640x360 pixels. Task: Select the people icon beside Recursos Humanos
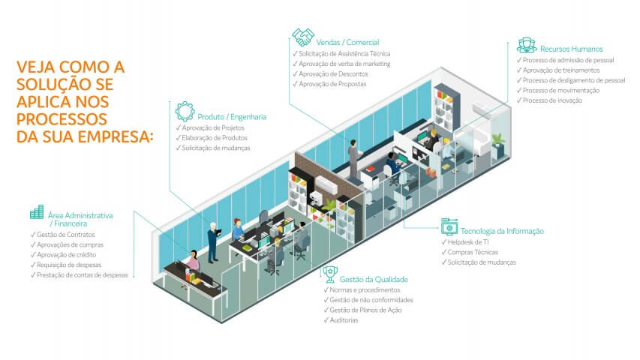526,44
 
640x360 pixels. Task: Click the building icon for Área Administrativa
36,213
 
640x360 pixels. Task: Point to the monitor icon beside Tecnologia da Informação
449,226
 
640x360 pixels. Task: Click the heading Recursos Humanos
572,49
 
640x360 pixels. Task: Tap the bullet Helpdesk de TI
467,242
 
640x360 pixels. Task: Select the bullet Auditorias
344,320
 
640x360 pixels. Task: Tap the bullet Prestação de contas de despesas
83,275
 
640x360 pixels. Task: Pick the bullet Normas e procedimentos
364,289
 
